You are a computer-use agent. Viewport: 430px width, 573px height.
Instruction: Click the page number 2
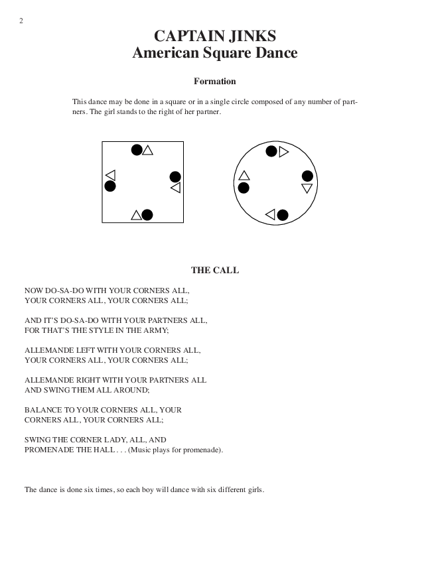(x=21, y=21)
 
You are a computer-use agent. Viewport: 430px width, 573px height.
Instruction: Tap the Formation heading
(x=215, y=82)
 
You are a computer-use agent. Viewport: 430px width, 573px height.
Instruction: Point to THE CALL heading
(x=215, y=270)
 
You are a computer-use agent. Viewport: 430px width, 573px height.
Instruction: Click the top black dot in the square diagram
(x=137, y=150)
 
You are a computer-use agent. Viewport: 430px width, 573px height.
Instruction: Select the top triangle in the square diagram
(x=148, y=150)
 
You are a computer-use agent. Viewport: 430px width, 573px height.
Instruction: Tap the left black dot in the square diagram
(x=110, y=186)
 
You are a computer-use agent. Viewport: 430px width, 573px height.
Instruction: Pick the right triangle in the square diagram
(x=175, y=188)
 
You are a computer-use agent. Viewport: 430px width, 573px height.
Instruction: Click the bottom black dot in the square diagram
(x=147, y=214)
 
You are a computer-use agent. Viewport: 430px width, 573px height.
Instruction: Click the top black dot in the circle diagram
(x=271, y=151)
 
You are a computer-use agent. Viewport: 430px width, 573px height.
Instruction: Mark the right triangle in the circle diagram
(x=307, y=188)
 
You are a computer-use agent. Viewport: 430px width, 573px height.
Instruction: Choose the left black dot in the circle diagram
(x=244, y=188)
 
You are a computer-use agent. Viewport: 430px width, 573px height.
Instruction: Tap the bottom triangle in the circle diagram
(x=270, y=214)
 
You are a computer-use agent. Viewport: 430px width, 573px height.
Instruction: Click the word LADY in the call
(x=117, y=440)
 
